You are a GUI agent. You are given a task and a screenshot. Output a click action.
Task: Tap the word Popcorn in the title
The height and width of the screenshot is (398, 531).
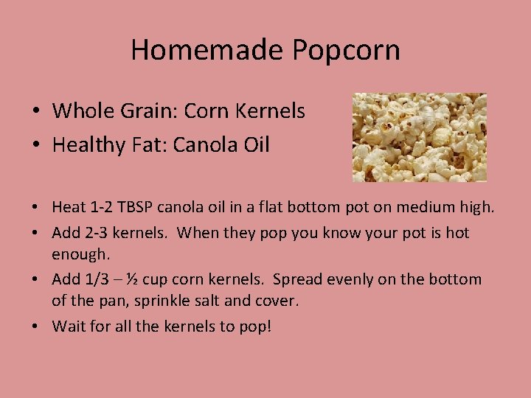346,50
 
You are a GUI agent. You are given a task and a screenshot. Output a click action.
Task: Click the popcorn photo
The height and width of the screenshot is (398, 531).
419,137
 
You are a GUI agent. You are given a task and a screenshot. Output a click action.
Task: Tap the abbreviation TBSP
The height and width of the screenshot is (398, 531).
137,209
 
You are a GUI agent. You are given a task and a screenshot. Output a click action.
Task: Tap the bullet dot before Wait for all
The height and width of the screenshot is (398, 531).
36,326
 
